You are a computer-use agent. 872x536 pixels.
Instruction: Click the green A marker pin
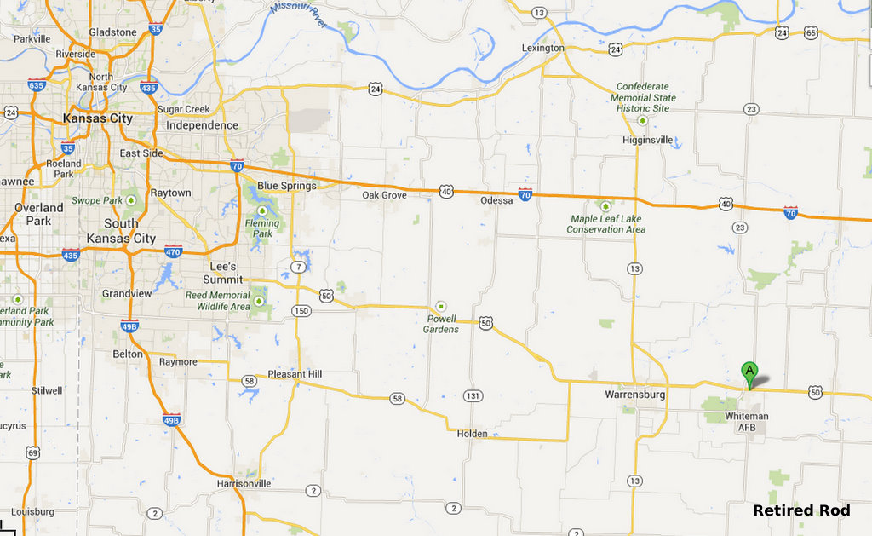point(749,372)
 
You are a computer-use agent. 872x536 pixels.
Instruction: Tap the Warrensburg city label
point(634,395)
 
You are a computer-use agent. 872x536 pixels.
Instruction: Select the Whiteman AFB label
point(746,421)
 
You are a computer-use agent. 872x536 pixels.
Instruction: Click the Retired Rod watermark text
point(801,510)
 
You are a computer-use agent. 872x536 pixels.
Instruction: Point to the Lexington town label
point(542,49)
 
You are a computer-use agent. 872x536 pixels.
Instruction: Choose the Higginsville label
point(647,140)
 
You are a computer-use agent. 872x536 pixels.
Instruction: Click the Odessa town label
point(497,200)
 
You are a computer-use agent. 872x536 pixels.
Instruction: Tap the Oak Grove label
point(384,195)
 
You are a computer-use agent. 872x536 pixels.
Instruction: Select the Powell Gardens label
point(442,324)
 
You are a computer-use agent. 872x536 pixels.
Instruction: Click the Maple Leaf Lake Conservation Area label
point(605,224)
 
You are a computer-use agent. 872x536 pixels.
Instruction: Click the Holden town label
point(473,434)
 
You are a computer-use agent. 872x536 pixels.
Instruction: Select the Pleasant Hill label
point(295,374)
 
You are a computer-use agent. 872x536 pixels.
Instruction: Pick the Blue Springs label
point(286,186)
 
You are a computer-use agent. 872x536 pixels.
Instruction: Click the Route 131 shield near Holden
point(473,395)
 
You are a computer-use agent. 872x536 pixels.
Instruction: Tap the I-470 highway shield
point(173,251)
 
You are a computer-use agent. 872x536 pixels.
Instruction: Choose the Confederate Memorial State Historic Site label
point(644,97)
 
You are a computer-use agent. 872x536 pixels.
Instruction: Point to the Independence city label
point(202,125)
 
